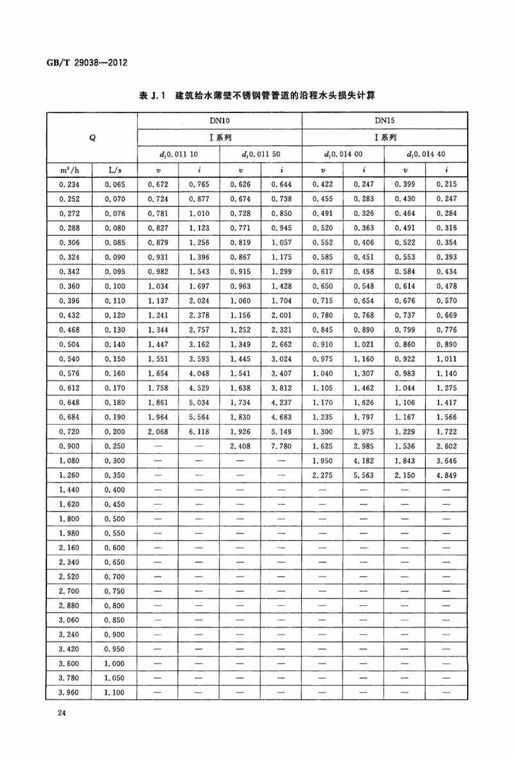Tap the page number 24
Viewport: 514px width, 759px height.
(62, 713)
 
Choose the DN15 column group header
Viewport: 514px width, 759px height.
(384, 120)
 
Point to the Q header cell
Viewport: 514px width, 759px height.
(93, 137)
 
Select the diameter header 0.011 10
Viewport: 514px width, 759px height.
(179, 154)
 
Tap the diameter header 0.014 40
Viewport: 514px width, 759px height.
(426, 154)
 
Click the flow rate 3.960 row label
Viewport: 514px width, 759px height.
(69, 692)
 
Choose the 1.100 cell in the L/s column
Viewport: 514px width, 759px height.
(116, 692)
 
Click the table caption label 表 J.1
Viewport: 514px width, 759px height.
(152, 96)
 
